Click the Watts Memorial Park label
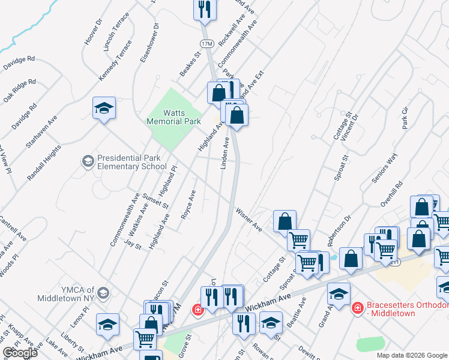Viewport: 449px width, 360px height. point(173,117)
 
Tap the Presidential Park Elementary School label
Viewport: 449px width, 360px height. point(131,162)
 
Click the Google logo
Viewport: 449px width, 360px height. point(20,353)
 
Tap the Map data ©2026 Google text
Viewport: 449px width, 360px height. point(411,355)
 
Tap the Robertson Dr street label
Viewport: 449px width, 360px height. point(339,232)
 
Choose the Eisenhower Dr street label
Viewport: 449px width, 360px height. point(150,43)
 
